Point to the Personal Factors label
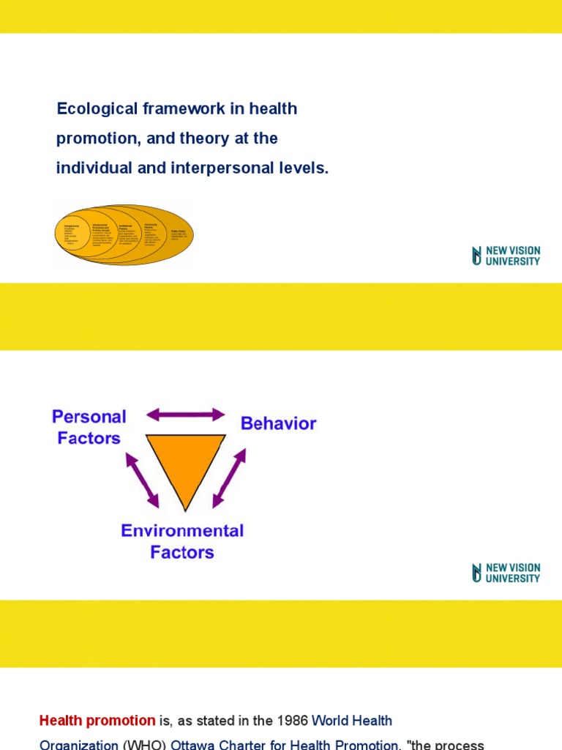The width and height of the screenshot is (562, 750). (x=89, y=427)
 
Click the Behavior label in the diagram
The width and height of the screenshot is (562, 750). (x=278, y=423)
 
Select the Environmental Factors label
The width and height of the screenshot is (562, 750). (x=182, y=541)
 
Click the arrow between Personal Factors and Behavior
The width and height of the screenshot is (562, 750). (x=186, y=415)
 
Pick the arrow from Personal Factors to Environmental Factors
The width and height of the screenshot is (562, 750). (x=142, y=480)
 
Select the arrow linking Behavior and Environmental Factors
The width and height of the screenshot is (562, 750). (x=229, y=478)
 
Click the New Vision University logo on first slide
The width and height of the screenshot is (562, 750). (x=506, y=256)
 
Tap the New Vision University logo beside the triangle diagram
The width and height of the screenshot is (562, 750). (x=506, y=573)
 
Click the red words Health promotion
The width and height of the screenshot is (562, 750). (x=97, y=721)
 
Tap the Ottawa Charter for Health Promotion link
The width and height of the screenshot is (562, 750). (x=285, y=745)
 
